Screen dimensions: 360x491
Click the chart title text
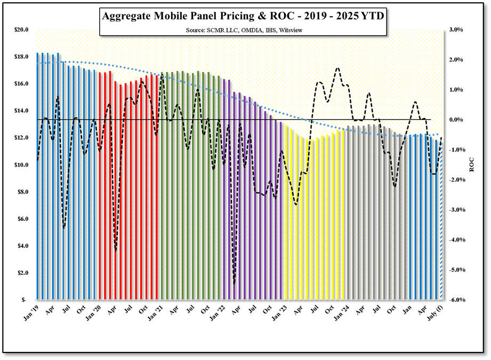click(243, 17)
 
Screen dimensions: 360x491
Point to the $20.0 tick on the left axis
click(22, 30)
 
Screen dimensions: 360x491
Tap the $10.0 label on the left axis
click(22, 165)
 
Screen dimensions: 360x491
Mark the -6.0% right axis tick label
click(458, 300)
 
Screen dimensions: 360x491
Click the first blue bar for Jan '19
click(37, 176)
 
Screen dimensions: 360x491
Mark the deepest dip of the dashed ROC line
click(234, 283)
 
